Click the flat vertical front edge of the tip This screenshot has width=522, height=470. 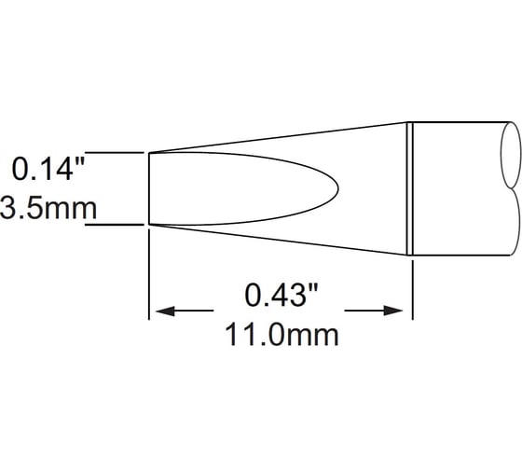click(149, 188)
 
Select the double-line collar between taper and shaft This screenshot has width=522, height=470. click(411, 187)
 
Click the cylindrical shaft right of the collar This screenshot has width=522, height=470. click(457, 187)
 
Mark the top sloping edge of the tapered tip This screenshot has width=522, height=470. click(280, 136)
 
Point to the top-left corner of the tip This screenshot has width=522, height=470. click(149, 152)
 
